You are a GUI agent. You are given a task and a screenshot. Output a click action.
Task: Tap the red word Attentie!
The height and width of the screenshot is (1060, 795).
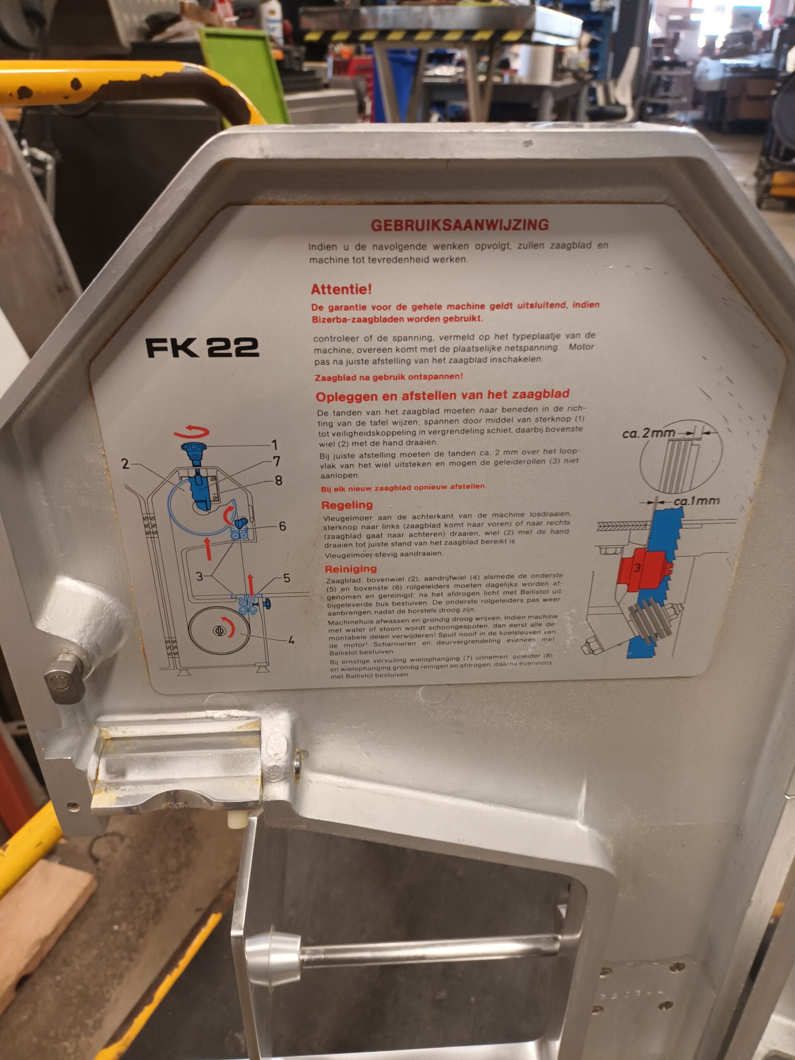point(341,289)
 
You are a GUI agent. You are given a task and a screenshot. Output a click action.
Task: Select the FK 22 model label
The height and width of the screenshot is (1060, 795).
point(202,347)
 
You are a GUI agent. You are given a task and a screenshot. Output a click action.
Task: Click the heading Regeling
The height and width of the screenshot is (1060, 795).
point(347,505)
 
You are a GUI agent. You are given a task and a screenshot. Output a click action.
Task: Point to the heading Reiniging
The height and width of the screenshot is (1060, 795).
point(351,569)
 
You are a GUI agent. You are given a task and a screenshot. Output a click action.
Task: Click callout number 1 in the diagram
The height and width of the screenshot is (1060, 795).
point(274,445)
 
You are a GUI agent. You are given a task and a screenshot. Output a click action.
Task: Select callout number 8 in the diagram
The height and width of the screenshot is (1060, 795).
point(278,480)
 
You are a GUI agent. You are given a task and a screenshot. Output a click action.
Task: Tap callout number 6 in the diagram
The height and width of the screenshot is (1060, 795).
point(282,526)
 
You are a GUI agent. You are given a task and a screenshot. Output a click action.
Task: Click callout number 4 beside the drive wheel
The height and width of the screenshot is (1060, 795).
point(291,640)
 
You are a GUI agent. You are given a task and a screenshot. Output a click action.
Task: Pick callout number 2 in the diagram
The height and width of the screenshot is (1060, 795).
point(125,463)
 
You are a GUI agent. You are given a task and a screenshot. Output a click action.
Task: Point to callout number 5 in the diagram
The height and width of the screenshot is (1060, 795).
point(287,578)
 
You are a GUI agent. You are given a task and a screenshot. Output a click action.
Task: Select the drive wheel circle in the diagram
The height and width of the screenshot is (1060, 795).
point(219,631)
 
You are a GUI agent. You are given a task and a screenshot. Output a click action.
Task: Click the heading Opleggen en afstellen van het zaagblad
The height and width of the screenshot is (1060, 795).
point(442,395)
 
